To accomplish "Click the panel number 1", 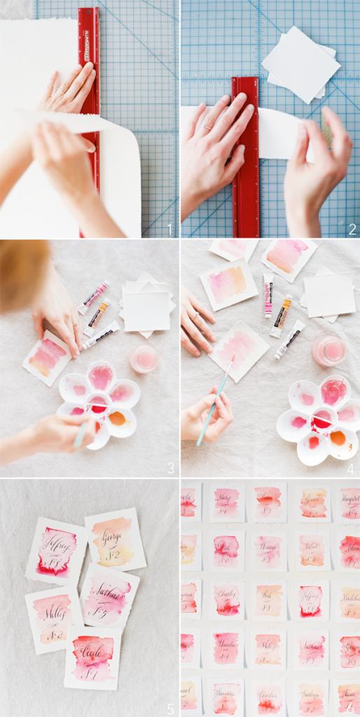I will point(169,228).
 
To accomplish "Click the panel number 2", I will point(352,228).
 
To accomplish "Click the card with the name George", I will point(115,538).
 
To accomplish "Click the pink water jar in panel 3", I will point(144,358).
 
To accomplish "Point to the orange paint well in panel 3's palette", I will point(117,418).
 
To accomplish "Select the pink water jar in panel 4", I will point(328,350).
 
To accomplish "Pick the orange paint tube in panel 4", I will point(281,316).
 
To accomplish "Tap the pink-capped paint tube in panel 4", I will point(268,295).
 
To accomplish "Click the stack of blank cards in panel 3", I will point(146,307).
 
